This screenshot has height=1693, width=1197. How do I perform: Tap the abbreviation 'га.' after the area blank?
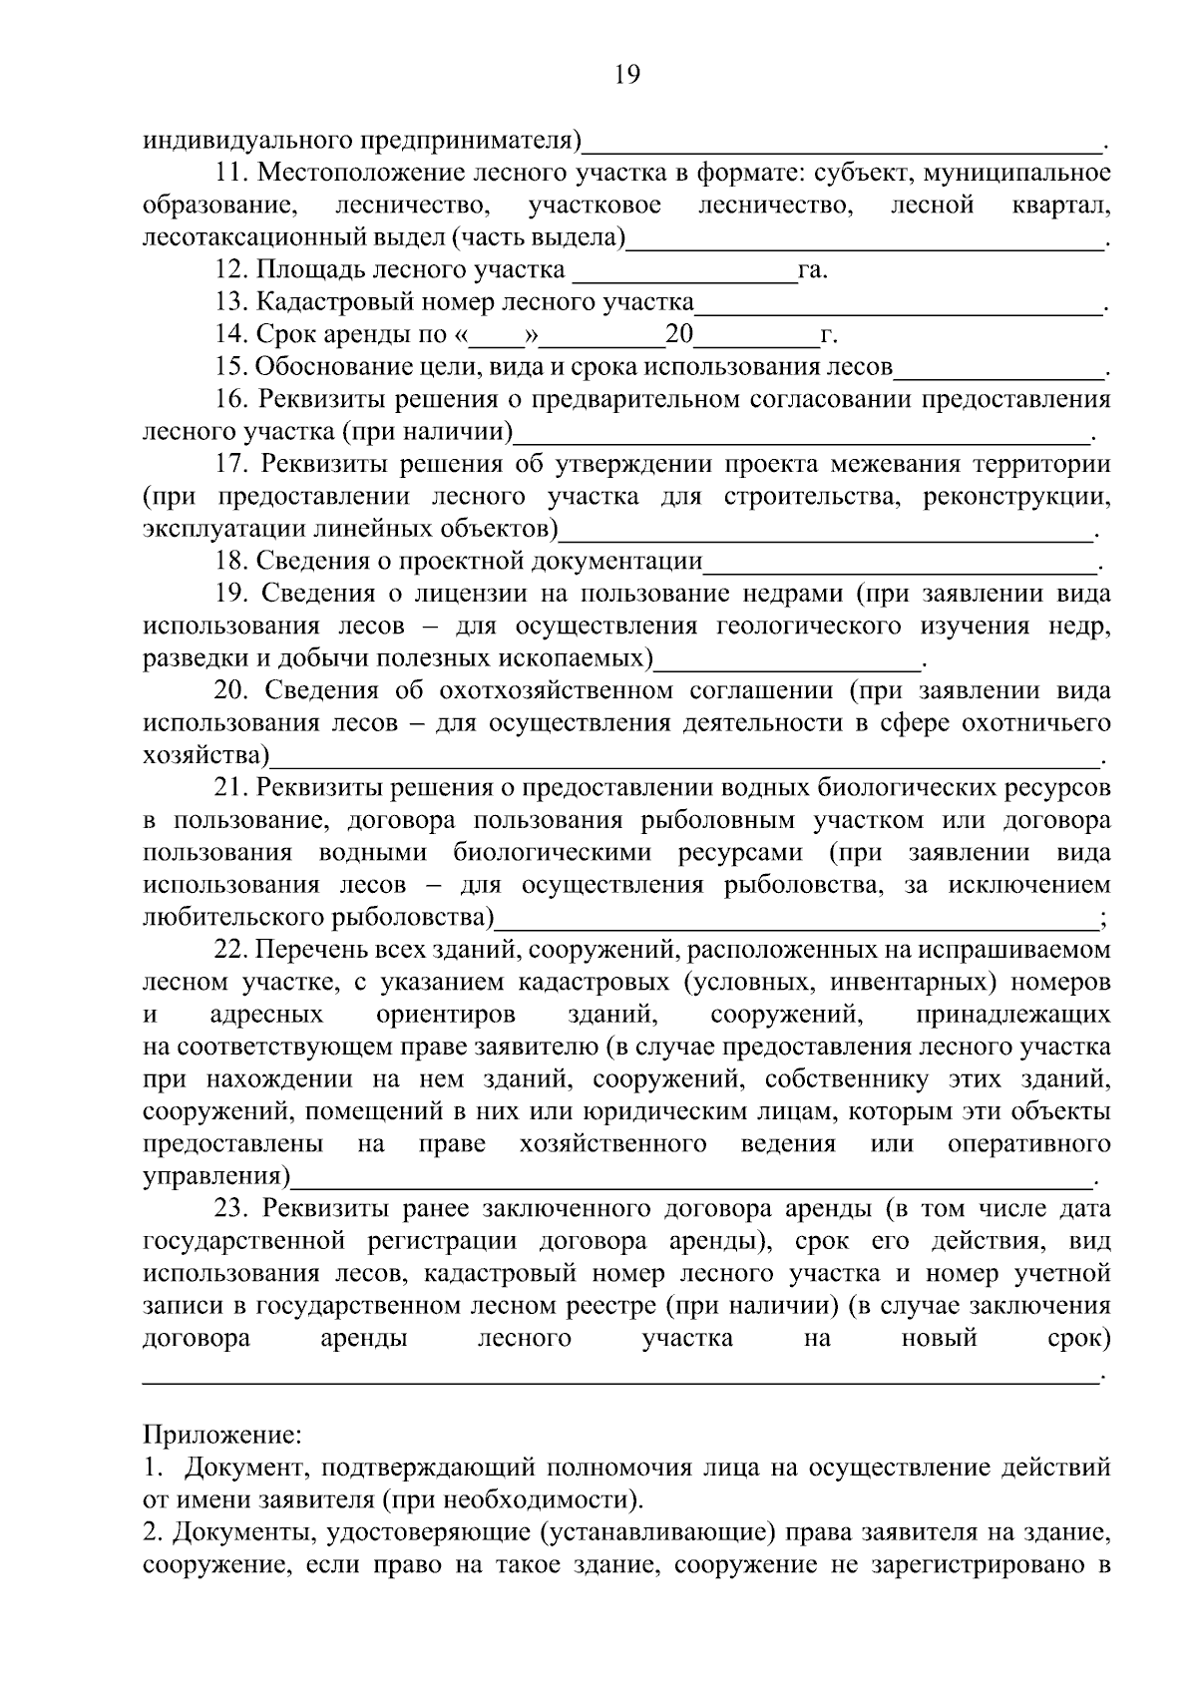(x=813, y=270)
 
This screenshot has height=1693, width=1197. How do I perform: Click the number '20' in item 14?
(x=679, y=335)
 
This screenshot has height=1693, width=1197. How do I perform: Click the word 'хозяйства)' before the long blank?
(x=206, y=755)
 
